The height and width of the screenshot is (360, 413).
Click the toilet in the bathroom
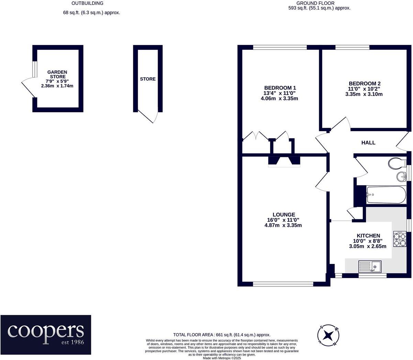click(397, 163)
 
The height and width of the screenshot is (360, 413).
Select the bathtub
click(386, 195)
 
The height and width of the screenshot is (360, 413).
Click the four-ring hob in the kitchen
click(400, 239)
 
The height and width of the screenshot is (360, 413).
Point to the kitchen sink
click(370, 266)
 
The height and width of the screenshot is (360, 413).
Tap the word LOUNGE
click(284, 215)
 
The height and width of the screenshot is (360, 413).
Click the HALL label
click(368, 143)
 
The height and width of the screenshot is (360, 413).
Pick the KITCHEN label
click(368, 236)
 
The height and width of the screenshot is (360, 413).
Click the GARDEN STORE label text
click(57, 74)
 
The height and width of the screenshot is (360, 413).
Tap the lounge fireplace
click(284, 162)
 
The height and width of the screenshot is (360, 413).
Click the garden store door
click(29, 88)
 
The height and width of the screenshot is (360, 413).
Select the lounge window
click(283, 284)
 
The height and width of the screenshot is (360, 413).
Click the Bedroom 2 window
click(352, 47)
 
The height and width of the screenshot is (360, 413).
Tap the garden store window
click(35, 69)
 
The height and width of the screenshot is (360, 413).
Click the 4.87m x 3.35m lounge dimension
click(283, 225)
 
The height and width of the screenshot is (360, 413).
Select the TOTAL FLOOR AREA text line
click(222, 335)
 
